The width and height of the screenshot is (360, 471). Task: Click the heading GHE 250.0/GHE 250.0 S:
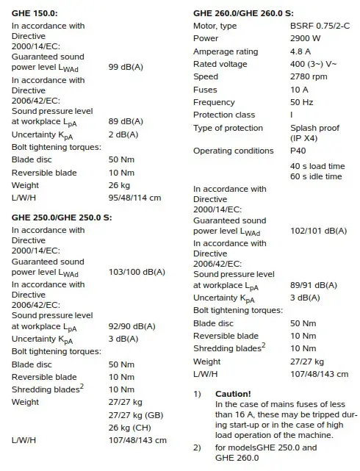pos(62,217)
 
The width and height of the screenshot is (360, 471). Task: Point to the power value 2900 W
pos(307,39)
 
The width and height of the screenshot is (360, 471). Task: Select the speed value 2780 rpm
pos(309,76)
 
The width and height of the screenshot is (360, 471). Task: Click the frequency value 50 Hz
pos(303,102)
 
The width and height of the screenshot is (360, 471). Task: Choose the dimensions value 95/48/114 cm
pos(134,198)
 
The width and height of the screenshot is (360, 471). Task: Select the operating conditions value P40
pos(298,151)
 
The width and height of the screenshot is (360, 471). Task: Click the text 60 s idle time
pos(316,177)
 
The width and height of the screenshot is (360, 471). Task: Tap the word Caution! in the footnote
pos(233,394)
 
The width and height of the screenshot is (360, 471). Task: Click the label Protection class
pos(224,115)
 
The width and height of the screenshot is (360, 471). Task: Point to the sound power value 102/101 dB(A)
pos(318,230)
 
